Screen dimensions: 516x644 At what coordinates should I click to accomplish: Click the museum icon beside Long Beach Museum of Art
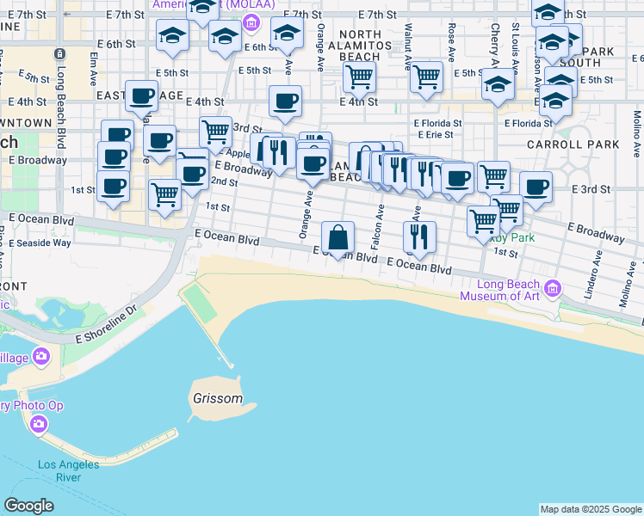[x=552, y=286]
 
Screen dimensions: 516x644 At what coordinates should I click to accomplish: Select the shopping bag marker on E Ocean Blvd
[x=339, y=236]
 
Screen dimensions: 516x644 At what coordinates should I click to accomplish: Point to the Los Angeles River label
[x=69, y=471]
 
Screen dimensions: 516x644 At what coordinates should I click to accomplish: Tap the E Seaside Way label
[x=40, y=243]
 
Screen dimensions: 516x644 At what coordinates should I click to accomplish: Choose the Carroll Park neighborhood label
[x=560, y=144]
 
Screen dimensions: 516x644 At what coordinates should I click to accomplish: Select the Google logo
[x=28, y=506]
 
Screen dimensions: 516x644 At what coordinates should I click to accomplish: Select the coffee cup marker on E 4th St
[x=285, y=101]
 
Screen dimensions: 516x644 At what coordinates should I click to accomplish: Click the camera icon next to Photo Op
[x=38, y=423]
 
